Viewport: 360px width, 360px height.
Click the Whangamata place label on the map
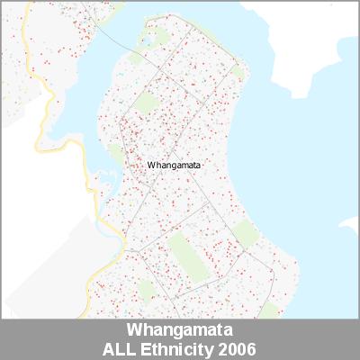click(x=175, y=166)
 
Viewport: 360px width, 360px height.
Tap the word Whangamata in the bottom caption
click(x=180, y=329)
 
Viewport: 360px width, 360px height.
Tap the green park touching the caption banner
click(x=267, y=310)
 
